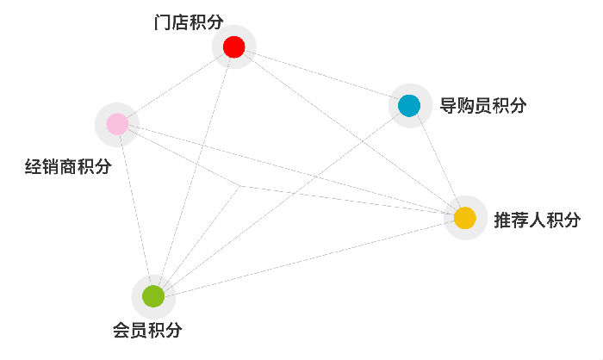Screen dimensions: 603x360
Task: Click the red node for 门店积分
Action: [x=233, y=47]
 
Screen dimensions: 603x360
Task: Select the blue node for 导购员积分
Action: [x=409, y=105]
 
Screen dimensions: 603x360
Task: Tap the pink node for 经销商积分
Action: [x=117, y=124]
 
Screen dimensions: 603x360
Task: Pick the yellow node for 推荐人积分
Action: [x=465, y=218]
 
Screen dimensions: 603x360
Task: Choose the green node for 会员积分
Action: [x=153, y=296]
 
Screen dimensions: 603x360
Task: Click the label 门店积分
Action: [x=189, y=22]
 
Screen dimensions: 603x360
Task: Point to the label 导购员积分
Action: [x=483, y=105]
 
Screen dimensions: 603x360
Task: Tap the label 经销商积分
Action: [x=68, y=166]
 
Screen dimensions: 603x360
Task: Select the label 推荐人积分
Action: [x=538, y=220]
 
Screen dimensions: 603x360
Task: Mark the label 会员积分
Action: [x=147, y=330]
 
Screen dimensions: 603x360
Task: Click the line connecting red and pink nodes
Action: [x=176, y=85]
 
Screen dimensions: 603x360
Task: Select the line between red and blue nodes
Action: [x=321, y=76]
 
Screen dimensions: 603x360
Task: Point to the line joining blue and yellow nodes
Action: [x=438, y=162]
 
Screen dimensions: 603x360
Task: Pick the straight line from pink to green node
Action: [x=135, y=210]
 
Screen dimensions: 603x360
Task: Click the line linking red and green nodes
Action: [x=194, y=171]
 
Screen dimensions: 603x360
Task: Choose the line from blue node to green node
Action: [x=282, y=201]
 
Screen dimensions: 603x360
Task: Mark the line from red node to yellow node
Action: [x=350, y=133]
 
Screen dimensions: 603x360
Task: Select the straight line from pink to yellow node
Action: [x=291, y=171]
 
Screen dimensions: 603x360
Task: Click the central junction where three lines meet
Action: [x=240, y=186]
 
